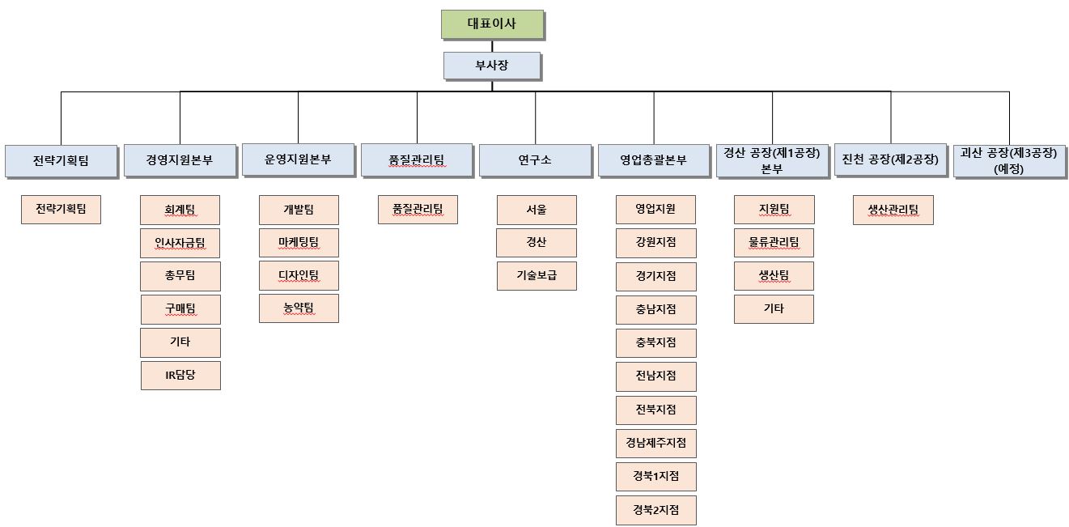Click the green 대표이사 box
coord(492,24)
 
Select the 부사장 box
coord(492,66)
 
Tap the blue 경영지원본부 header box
coord(180,160)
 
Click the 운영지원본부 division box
coord(298,159)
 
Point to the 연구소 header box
coord(535,160)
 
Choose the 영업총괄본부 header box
coord(654,160)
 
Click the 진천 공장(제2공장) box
coord(890,160)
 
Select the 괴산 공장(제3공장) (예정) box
coord(1008,159)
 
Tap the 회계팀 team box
coord(180,210)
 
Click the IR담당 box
coord(180,376)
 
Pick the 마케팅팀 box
coord(299,243)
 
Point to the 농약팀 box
coord(299,308)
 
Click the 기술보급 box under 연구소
coord(537,276)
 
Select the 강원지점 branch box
coord(655,243)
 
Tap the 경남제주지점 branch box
coord(655,444)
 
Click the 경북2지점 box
coord(655,511)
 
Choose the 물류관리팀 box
coord(774,243)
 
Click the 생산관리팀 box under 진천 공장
coord(893,210)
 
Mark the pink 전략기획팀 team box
coord(62,210)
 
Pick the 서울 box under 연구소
coord(537,210)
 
